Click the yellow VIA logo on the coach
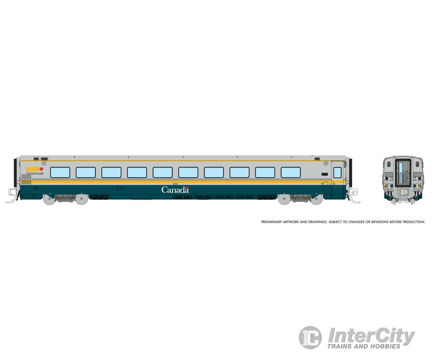click(32, 169)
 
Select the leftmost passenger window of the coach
click(60, 172)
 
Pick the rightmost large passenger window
click(291, 172)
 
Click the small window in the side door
click(337, 172)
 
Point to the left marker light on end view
click(389, 163)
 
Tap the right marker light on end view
click(417, 163)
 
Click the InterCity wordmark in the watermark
click(371, 336)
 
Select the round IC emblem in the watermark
click(310, 337)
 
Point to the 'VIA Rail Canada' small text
click(35, 173)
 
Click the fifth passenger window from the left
click(162, 172)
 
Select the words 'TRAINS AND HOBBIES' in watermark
click(364, 346)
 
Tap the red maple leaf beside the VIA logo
click(41, 169)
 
